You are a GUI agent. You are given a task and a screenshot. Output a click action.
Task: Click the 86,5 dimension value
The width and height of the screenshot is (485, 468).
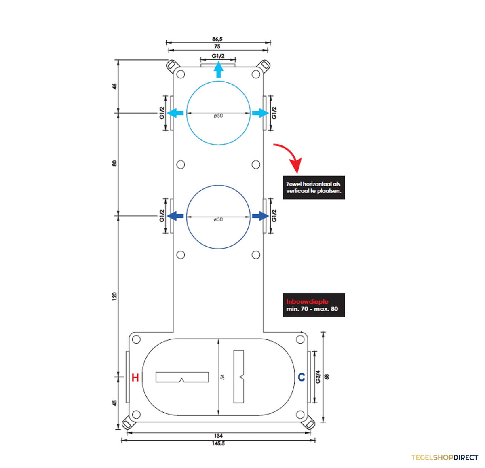tap(217, 39)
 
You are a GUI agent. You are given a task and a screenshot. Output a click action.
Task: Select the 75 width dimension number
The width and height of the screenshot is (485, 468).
tap(217, 46)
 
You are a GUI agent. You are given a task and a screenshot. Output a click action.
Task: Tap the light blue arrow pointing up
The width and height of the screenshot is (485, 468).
tap(219, 70)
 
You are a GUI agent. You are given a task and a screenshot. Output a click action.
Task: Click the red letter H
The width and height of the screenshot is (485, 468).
tap(135, 377)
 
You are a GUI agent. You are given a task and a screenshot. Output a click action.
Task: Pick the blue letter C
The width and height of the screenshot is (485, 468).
tap(302, 377)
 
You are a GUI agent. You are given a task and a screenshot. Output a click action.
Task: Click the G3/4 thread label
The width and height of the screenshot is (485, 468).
tap(318, 377)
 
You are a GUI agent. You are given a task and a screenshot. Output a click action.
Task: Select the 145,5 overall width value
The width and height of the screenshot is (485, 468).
tap(218, 444)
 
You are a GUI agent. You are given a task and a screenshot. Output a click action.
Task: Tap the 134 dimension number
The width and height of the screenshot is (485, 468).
tap(218, 436)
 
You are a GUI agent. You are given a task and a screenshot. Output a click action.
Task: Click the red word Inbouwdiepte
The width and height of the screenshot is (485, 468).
tap(307, 301)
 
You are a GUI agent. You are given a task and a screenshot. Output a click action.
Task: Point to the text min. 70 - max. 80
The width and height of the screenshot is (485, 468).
tap(312, 309)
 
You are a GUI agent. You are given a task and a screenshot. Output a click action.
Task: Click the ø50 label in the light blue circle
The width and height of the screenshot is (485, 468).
tap(218, 116)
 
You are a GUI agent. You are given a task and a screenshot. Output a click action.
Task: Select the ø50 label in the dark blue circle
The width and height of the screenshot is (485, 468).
tap(218, 219)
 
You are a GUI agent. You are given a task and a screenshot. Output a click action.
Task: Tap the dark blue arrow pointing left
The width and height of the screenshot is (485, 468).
tap(175, 216)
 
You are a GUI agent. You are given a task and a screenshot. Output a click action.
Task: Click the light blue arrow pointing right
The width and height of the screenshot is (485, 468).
tap(261, 113)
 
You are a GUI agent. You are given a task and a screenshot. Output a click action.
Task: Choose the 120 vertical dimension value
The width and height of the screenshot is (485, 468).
tap(114, 296)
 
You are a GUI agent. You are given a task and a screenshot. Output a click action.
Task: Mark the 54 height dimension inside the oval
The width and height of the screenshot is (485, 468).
tap(223, 377)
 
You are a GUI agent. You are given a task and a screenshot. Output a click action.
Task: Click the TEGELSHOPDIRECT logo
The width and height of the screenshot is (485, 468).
tap(445, 457)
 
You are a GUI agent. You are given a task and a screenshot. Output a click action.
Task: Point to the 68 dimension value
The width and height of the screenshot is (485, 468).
tap(327, 377)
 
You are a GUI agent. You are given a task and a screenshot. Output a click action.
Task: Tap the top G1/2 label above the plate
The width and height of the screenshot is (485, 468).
tap(218, 56)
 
